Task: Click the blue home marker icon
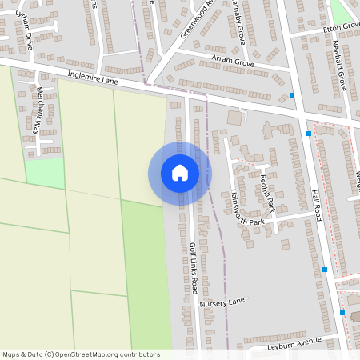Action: coord(179,173)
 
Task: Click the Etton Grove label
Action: coord(341,27)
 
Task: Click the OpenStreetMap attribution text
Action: coord(81,354)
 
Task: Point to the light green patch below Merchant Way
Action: coord(45,173)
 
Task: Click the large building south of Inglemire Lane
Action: coord(234,118)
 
